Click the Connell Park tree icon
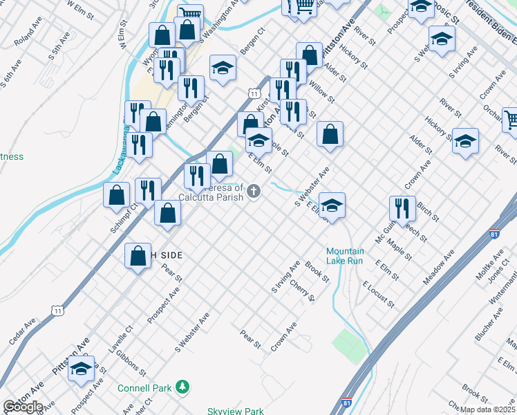tap(182, 387)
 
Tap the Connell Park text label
tap(144, 388)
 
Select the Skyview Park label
tap(236, 411)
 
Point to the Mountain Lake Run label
tap(345, 256)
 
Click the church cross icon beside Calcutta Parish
tap(254, 191)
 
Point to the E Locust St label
tap(377, 294)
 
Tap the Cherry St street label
tap(302, 290)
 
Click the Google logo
tap(22, 407)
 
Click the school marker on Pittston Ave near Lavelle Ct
tap(82, 369)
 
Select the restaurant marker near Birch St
tap(402, 208)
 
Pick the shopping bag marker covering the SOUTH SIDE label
tap(138, 256)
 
